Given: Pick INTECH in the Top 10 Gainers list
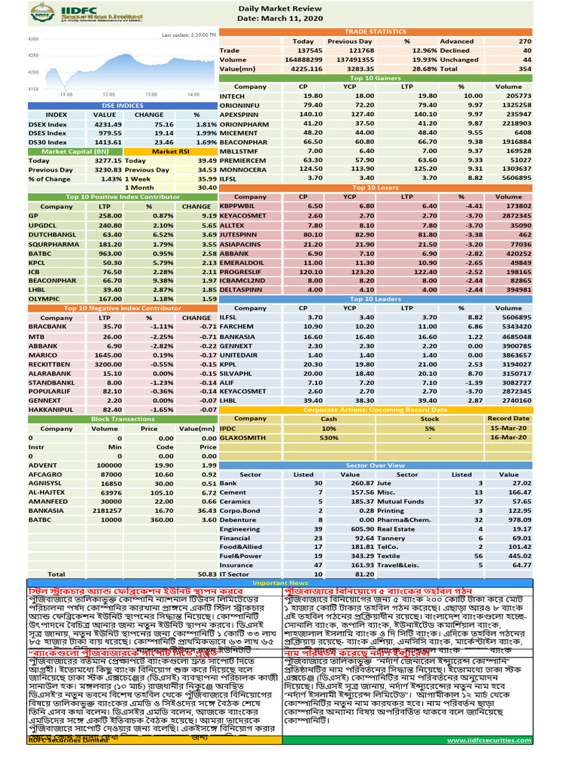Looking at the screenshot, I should point(232,96).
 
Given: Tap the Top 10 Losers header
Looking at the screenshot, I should point(376,187).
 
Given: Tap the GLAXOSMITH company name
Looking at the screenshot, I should point(242,437).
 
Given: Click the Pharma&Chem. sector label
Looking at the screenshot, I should point(411,520).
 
